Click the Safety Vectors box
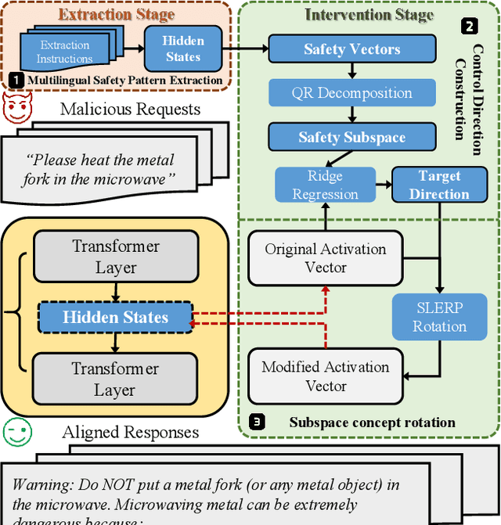pyautogui.click(x=352, y=49)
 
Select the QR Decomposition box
pyautogui.click(x=352, y=93)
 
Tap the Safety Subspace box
pyautogui.click(x=352, y=138)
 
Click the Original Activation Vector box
pyautogui.click(x=326, y=259)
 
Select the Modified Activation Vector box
pyautogui.click(x=326, y=376)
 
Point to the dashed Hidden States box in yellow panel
pyautogui.click(x=115, y=318)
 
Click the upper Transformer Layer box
pyautogui.click(x=115, y=257)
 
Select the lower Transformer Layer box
pyautogui.click(x=115, y=379)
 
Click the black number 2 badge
pyautogui.click(x=469, y=27)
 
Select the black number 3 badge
pyautogui.click(x=257, y=423)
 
